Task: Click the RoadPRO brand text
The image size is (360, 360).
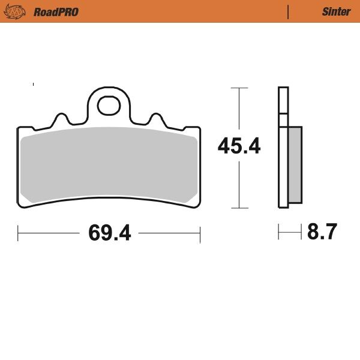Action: pos(56,11)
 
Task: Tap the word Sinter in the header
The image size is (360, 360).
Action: pos(336,11)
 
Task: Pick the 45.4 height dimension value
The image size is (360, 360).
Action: pos(239,146)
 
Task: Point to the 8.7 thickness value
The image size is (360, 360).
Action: pos(322,232)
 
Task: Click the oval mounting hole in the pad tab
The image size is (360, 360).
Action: pos(109,104)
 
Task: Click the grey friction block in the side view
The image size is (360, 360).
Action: pos(295,165)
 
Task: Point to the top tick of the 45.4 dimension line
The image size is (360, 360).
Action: pos(239,88)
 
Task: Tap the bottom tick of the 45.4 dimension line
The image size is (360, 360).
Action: pos(239,208)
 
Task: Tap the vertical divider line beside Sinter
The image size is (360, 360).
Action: pos(289,11)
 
